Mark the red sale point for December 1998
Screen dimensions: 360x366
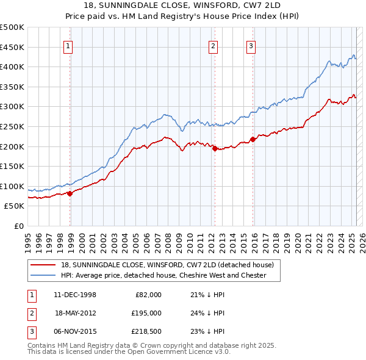(x=70, y=193)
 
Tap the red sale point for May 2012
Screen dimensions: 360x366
(x=215, y=148)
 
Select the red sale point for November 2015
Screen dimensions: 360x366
(x=253, y=139)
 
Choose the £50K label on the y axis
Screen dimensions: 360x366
(x=15, y=206)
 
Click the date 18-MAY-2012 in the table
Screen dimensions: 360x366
(x=76, y=313)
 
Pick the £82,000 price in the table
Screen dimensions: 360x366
(x=148, y=294)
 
